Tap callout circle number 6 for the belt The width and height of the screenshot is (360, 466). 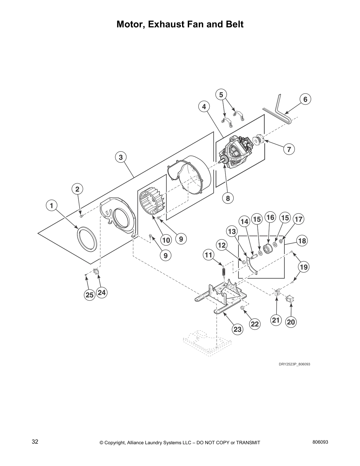305,99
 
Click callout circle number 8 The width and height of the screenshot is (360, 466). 228,198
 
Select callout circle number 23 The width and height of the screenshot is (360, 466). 237,329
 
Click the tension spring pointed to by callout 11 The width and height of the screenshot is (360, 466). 223,271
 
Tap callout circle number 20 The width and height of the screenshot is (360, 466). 291,322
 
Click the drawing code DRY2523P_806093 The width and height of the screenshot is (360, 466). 294,364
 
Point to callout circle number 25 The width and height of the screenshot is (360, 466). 89,295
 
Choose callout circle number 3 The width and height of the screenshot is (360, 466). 121,157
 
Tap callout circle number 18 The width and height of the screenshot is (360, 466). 302,241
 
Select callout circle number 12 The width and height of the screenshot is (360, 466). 222,245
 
